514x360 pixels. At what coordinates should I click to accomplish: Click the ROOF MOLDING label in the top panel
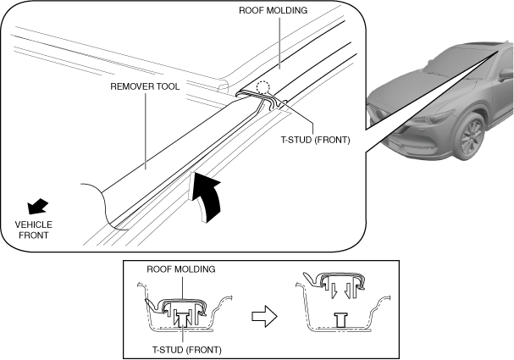tap(273, 10)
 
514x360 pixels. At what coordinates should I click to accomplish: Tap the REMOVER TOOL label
tap(145, 86)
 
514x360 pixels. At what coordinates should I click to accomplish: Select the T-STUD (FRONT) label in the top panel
tap(315, 140)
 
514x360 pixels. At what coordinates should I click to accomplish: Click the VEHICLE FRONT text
tap(33, 230)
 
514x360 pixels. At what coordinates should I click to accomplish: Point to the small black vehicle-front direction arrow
tap(37, 206)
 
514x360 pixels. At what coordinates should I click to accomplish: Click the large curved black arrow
tap(207, 197)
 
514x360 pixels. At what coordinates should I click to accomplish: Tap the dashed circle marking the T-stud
tap(263, 87)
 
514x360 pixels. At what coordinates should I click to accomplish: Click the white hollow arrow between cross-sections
tap(264, 317)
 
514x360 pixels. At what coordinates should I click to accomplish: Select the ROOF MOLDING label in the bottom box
tap(181, 269)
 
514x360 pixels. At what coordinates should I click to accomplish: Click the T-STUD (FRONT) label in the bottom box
tap(187, 350)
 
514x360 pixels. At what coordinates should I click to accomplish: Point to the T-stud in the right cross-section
tap(341, 319)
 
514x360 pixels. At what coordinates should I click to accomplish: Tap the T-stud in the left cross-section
tap(182, 318)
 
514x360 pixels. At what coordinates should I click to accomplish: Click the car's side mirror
tap(506, 75)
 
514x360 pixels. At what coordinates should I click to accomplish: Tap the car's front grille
tap(379, 112)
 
